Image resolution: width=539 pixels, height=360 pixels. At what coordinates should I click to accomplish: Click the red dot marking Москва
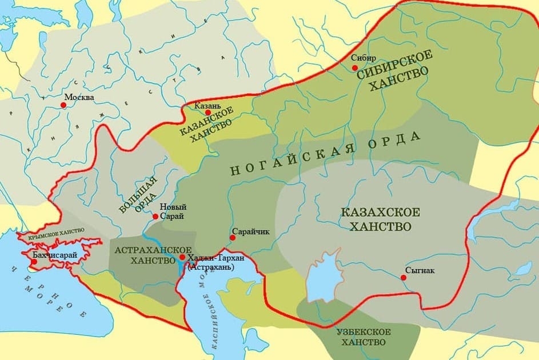click(63, 105)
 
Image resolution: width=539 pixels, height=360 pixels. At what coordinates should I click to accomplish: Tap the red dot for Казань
click(207, 113)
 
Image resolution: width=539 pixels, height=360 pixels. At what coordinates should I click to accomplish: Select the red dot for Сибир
click(355, 67)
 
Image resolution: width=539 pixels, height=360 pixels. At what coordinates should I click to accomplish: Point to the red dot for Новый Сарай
click(155, 216)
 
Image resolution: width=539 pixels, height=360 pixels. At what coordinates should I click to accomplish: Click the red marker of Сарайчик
click(233, 238)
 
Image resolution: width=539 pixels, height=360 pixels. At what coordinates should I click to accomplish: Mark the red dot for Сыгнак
click(404, 278)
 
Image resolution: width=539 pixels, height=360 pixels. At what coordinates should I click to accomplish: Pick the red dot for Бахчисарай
click(34, 262)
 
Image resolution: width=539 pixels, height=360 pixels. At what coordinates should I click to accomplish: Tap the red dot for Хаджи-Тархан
click(182, 258)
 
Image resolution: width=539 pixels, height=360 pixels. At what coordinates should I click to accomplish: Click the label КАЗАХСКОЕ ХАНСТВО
click(380, 219)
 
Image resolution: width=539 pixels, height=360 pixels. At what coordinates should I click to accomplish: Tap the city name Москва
click(79, 97)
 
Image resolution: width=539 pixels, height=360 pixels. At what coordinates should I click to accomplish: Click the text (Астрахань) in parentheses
click(210, 267)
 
